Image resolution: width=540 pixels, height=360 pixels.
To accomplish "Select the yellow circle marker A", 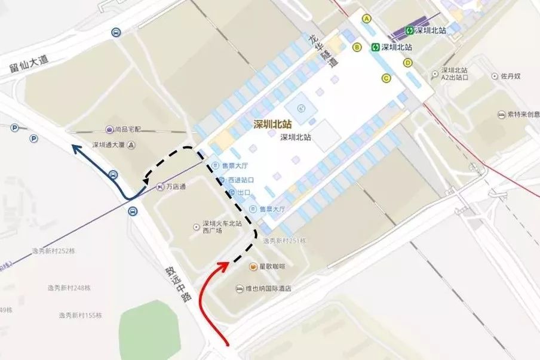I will pyautogui.click(x=367, y=19).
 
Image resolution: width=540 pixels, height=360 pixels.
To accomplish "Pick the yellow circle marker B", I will pyautogui.click(x=357, y=47).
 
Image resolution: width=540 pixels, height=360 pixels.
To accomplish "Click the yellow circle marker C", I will pyautogui.click(x=386, y=78).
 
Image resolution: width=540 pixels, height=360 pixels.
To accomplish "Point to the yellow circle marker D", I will pyautogui.click(x=408, y=62).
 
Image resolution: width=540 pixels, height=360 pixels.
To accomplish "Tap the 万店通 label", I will pyautogui.click(x=175, y=187).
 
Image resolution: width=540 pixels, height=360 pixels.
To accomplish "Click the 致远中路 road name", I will pyautogui.click(x=176, y=283).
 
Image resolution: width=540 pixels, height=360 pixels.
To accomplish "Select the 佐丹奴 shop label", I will pyautogui.click(x=511, y=76).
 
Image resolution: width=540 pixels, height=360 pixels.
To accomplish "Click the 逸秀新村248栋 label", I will pyautogui.click(x=69, y=288).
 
